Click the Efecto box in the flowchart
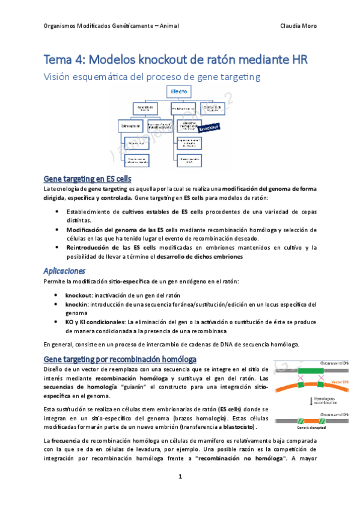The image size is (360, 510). (179, 91)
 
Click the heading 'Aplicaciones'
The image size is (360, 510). (65, 270)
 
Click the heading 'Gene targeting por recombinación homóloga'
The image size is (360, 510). (120, 358)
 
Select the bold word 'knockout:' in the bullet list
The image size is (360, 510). (79, 295)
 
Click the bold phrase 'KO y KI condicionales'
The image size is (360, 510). (96, 322)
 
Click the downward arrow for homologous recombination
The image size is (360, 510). (305, 399)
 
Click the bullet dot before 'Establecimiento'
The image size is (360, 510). (56, 212)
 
